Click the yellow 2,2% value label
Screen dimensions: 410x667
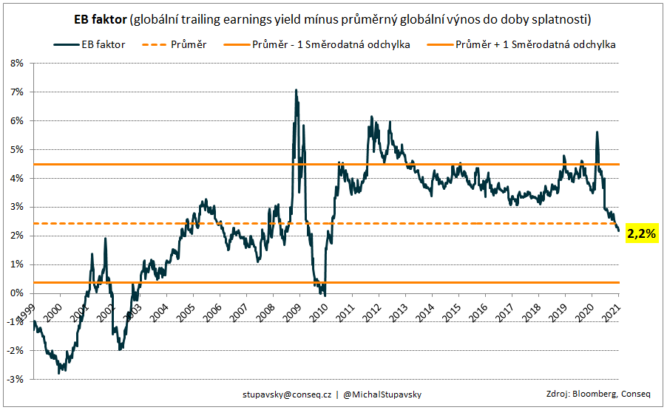point(642,234)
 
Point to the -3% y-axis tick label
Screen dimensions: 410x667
point(17,379)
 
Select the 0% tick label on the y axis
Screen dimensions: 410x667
point(18,293)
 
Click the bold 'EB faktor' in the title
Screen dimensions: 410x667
point(100,17)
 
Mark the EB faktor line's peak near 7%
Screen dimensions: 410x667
point(296,90)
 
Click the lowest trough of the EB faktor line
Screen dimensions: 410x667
point(59,373)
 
